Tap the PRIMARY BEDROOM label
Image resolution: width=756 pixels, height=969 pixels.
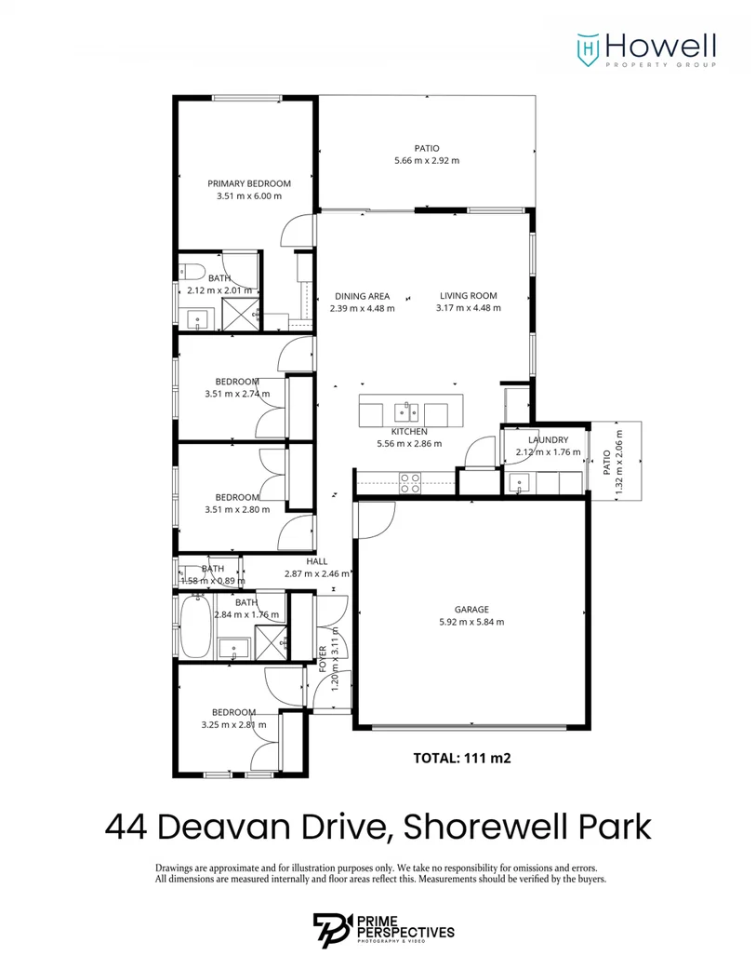point(248,183)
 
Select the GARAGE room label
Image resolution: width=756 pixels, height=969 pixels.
point(471,610)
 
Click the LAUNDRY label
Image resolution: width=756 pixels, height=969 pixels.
point(547,439)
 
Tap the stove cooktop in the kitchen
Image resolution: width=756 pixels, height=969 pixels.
point(409,480)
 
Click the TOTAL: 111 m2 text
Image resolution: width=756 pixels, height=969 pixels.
point(462,758)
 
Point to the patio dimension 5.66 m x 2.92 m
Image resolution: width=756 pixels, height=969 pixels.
point(427,160)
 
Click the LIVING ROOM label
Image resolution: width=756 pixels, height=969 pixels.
point(468,296)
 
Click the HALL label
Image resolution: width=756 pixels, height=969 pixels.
point(316,561)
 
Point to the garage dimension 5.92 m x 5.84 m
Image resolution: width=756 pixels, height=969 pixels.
point(471,622)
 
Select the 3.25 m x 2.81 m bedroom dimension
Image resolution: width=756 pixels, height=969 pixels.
point(233,724)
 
